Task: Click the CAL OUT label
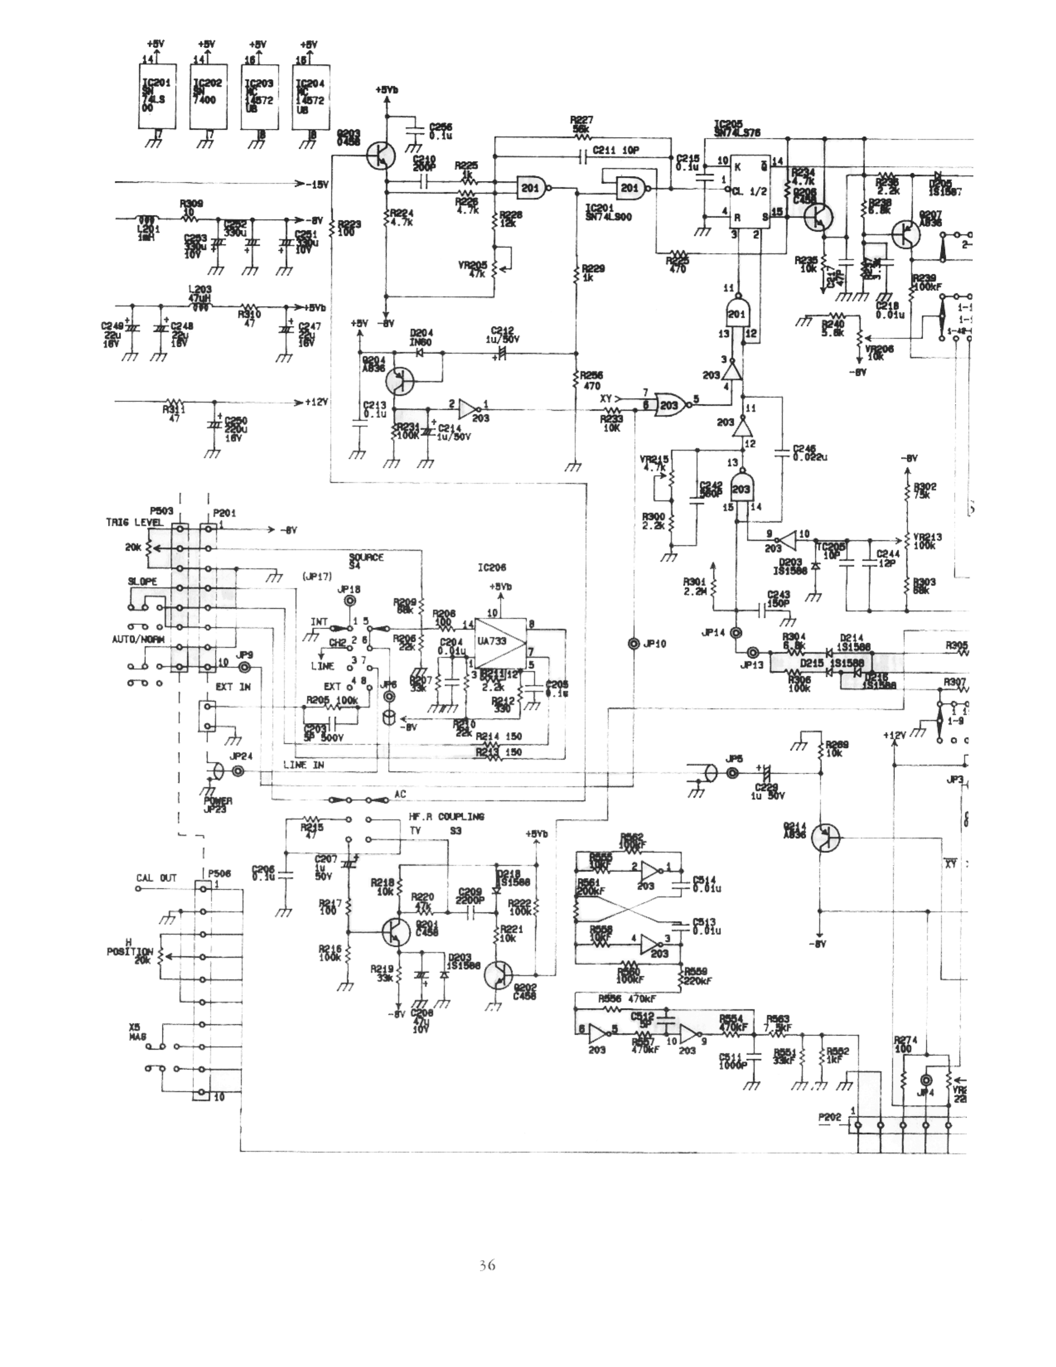point(157,878)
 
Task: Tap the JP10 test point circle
point(634,643)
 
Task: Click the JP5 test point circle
point(733,774)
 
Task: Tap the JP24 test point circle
point(238,772)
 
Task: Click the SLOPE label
point(142,582)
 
